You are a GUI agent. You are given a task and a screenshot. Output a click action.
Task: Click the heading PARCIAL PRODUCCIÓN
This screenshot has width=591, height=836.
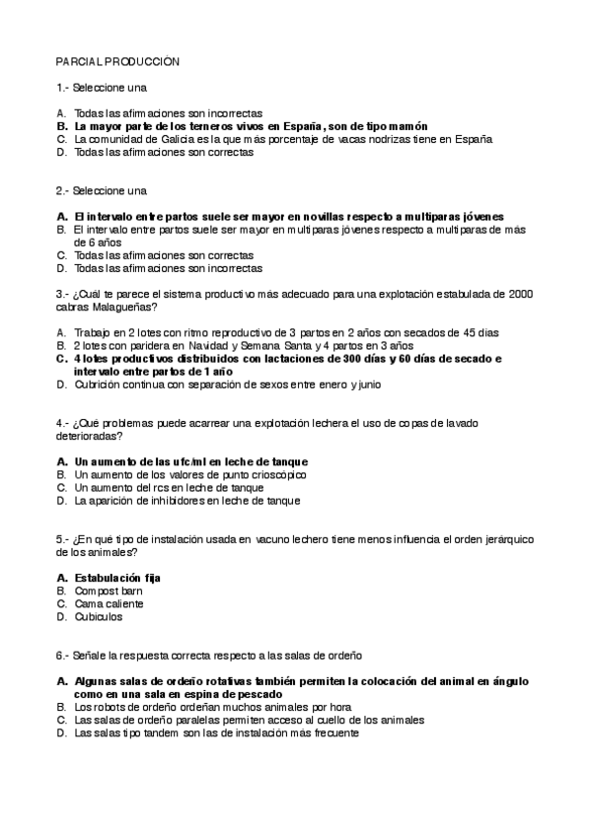(x=117, y=61)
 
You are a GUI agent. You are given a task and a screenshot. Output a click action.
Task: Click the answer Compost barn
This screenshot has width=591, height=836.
(x=109, y=591)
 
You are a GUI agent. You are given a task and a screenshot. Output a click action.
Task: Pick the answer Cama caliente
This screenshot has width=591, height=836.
(x=109, y=603)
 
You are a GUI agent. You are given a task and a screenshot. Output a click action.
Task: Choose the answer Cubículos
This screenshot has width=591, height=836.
(x=99, y=616)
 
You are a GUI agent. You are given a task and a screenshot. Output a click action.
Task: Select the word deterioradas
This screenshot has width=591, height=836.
(x=88, y=436)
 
